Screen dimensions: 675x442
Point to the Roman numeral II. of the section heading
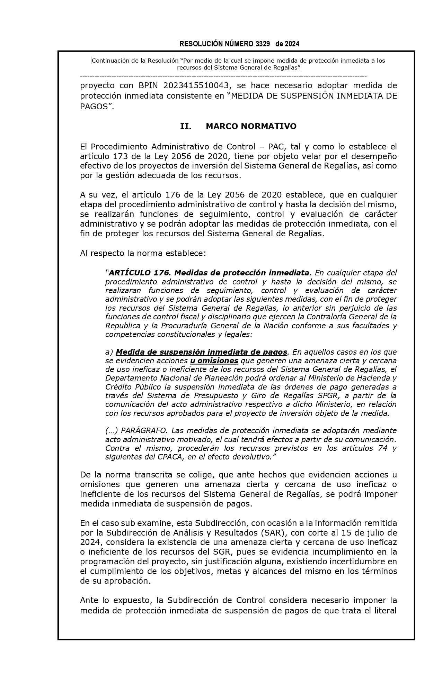pyautogui.click(x=186, y=126)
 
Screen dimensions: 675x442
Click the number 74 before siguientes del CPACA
pyautogui.click(x=380, y=448)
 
